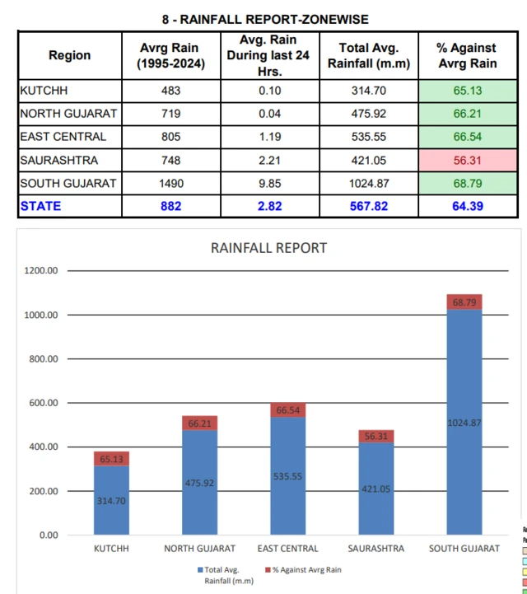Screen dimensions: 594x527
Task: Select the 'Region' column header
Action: [70, 56]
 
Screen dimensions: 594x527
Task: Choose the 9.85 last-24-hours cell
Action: [268, 183]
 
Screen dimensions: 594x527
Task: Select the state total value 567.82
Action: [368, 206]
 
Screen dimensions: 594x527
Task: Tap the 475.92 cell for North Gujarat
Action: [368, 114]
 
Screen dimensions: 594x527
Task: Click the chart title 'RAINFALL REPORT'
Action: [268, 248]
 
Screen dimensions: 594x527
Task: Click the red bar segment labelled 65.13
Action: [111, 458]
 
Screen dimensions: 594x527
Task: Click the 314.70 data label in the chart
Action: [111, 500]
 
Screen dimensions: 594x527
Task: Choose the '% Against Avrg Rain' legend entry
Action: [302, 569]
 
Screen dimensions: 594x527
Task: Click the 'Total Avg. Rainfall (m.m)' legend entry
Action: [225, 574]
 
